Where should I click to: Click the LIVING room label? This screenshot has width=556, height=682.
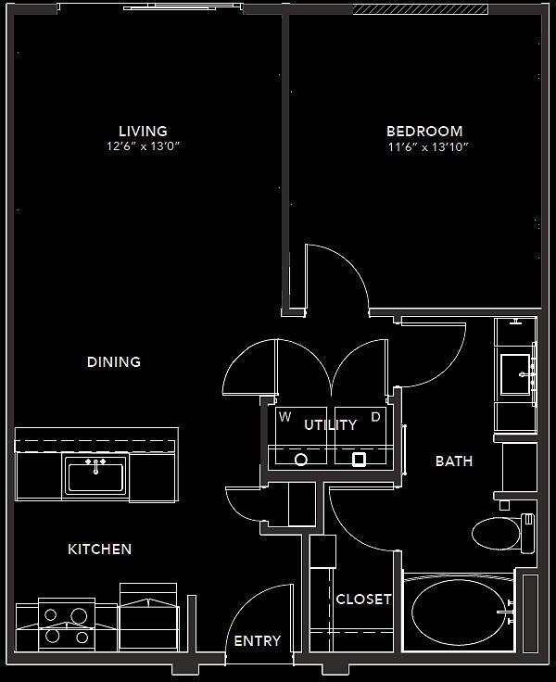143,131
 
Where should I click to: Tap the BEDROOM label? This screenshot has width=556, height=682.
424,132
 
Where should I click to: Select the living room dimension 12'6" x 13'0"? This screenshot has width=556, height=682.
143,146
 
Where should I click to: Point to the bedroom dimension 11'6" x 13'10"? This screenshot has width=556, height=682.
424,146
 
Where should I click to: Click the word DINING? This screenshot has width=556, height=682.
114,361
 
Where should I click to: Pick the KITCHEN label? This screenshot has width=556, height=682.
100,549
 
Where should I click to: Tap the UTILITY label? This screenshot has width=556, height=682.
331,425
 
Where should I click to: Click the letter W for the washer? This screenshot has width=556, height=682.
286,417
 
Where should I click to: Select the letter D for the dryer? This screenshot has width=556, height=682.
376,417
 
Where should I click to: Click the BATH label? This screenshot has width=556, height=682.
454,461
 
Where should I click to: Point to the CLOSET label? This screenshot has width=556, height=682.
363,600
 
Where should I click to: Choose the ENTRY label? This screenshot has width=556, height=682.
257,641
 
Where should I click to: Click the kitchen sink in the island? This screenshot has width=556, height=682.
95,475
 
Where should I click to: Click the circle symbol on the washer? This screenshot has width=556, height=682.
301,459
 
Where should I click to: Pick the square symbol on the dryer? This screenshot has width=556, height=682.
360,459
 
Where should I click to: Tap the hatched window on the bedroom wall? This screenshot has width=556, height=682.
422,10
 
